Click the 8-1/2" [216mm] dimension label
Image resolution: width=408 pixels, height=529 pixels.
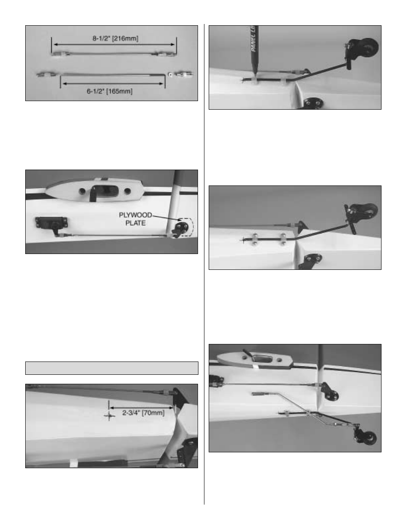pos(115,39)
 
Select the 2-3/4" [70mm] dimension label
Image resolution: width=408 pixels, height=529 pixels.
pos(143,413)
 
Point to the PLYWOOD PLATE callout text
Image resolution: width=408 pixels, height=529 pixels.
pos(135,219)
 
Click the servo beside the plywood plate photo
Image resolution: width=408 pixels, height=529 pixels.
pos(47,224)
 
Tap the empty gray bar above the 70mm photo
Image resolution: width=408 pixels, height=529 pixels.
pos(112,368)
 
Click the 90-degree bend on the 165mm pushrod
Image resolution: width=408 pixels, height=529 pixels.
pos(164,75)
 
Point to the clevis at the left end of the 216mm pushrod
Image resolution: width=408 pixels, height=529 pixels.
pos(57,54)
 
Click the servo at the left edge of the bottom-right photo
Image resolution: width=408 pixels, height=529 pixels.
pos(215,380)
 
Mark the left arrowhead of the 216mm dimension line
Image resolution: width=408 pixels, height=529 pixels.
pos(53,44)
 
